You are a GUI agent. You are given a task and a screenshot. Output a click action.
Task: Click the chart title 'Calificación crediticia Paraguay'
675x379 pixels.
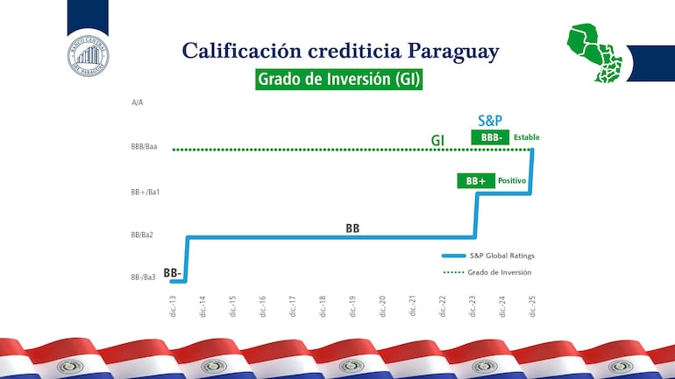point(340,51)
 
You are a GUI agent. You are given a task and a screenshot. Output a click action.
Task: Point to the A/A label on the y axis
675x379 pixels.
point(138,102)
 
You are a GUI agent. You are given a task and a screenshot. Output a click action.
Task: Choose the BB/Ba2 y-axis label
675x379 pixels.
point(142,235)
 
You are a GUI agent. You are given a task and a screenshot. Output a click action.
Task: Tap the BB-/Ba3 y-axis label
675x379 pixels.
point(143,277)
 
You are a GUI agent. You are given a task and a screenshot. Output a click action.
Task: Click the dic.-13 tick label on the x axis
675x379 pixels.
point(173,305)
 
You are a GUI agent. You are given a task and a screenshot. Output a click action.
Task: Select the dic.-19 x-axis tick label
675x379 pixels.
point(352,305)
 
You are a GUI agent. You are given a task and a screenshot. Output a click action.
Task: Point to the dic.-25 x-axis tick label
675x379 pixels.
point(532,305)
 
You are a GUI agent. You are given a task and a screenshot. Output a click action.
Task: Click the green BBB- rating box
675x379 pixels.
point(489,137)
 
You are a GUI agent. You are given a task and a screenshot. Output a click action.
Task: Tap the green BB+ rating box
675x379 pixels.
point(476,181)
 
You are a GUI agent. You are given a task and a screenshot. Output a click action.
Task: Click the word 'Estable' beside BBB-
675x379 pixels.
point(527,137)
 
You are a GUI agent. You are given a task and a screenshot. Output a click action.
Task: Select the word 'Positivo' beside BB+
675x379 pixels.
point(512,181)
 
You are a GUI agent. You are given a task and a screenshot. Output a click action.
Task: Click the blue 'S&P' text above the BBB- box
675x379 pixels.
point(490,121)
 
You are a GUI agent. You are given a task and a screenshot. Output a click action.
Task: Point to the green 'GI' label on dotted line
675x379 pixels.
point(437,140)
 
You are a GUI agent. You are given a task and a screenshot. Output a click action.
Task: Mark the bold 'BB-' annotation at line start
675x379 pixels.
point(173,273)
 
